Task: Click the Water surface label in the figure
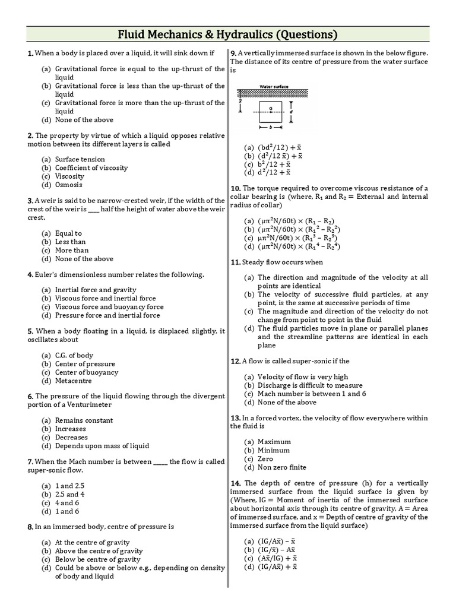[273, 86]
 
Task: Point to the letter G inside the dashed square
[271, 107]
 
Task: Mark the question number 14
[235, 483]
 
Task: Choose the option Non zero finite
[282, 467]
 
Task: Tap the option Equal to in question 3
[68, 233]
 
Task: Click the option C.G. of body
[74, 355]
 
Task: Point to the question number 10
[235, 188]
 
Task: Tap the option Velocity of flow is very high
[303, 376]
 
